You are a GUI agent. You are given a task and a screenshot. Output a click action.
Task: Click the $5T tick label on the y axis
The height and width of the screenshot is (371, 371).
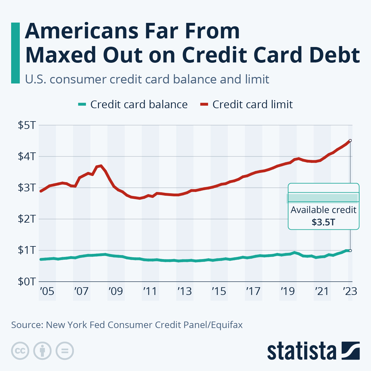(x=27, y=125)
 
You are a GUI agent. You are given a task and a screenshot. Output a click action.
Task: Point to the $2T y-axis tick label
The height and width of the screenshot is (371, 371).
(x=27, y=219)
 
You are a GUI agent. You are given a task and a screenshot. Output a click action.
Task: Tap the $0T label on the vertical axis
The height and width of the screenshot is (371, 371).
(x=27, y=281)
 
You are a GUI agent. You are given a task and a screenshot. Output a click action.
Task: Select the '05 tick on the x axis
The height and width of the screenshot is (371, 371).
(x=47, y=291)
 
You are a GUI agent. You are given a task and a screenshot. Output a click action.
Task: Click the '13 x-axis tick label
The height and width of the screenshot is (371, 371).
(x=185, y=291)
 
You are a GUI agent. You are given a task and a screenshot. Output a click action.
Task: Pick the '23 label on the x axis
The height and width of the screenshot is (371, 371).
(x=350, y=291)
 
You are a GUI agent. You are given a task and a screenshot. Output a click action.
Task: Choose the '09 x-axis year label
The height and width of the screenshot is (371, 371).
(x=116, y=291)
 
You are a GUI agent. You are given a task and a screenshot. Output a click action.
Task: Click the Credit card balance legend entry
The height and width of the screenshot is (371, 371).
(x=133, y=104)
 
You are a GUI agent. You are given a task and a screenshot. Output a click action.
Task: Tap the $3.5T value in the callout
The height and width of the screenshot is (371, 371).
(x=323, y=222)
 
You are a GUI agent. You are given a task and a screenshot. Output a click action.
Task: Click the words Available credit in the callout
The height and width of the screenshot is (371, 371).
(x=323, y=210)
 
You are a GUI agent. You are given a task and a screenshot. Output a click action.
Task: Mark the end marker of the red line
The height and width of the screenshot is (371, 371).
(x=350, y=140)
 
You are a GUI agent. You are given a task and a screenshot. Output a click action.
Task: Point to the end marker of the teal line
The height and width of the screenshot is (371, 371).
(x=350, y=250)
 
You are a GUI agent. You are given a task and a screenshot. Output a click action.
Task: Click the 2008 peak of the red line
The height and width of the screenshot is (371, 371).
(x=101, y=166)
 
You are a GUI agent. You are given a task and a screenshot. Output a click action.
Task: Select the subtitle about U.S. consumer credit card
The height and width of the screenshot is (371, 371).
(x=147, y=79)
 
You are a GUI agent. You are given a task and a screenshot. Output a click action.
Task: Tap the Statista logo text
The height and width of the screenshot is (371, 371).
(x=301, y=351)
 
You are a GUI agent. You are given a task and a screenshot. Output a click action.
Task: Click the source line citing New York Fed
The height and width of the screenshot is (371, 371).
(x=127, y=325)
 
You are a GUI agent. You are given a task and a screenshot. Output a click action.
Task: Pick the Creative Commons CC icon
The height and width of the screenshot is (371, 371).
(x=20, y=351)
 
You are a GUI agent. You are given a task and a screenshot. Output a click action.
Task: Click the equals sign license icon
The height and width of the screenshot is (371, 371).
(x=65, y=351)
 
